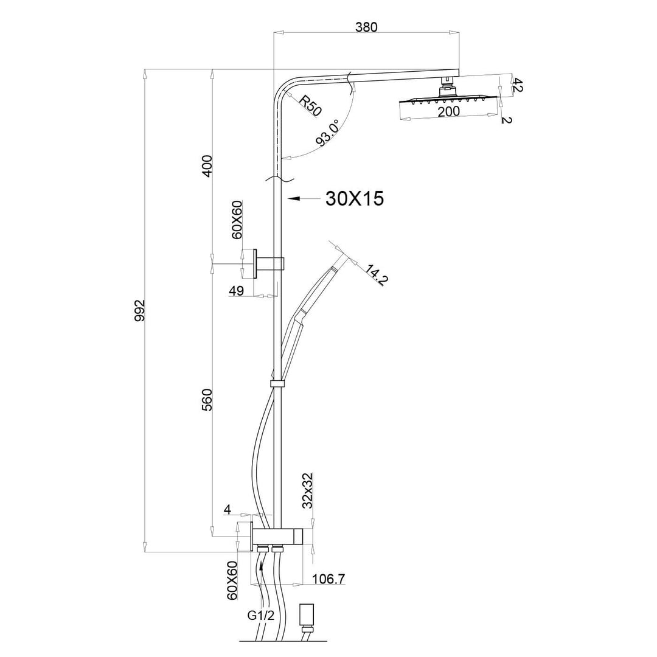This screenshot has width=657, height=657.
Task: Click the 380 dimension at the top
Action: pyautogui.click(x=366, y=27)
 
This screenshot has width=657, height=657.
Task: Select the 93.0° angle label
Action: pyautogui.click(x=328, y=134)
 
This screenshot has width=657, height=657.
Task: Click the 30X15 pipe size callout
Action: pyautogui.click(x=355, y=198)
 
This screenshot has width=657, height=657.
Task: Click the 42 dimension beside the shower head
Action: pyautogui.click(x=518, y=85)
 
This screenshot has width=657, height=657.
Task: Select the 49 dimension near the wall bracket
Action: pyautogui.click(x=236, y=291)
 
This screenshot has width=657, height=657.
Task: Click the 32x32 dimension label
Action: pyautogui.click(x=307, y=492)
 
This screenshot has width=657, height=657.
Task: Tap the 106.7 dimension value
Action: pyautogui.click(x=329, y=579)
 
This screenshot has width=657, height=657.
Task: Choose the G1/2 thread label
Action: pyautogui.click(x=261, y=615)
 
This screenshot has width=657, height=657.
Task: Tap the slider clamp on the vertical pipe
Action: pyautogui.click(x=277, y=383)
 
